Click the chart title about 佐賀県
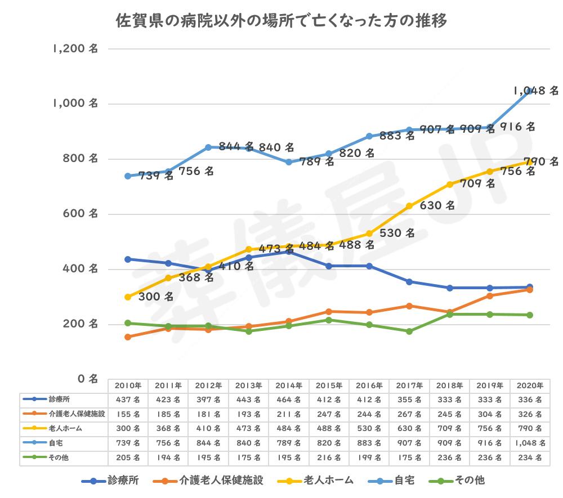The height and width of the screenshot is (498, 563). coord(281,21)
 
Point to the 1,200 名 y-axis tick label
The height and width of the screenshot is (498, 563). coord(75,49)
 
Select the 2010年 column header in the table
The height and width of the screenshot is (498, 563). coord(128,386)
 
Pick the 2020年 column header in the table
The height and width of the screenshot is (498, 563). coord(530,386)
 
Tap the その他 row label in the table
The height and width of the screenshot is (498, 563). coord(59,457)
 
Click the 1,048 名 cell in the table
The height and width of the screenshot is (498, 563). coord(530,443)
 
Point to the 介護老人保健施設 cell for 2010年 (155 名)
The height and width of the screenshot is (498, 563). coord(128,414)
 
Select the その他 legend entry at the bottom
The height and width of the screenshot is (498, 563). coord(465,481)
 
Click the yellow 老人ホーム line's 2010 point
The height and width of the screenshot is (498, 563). coord(128,297)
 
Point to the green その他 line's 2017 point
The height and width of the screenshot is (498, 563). coord(409,331)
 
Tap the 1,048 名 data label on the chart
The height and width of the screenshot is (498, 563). coord(535,90)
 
